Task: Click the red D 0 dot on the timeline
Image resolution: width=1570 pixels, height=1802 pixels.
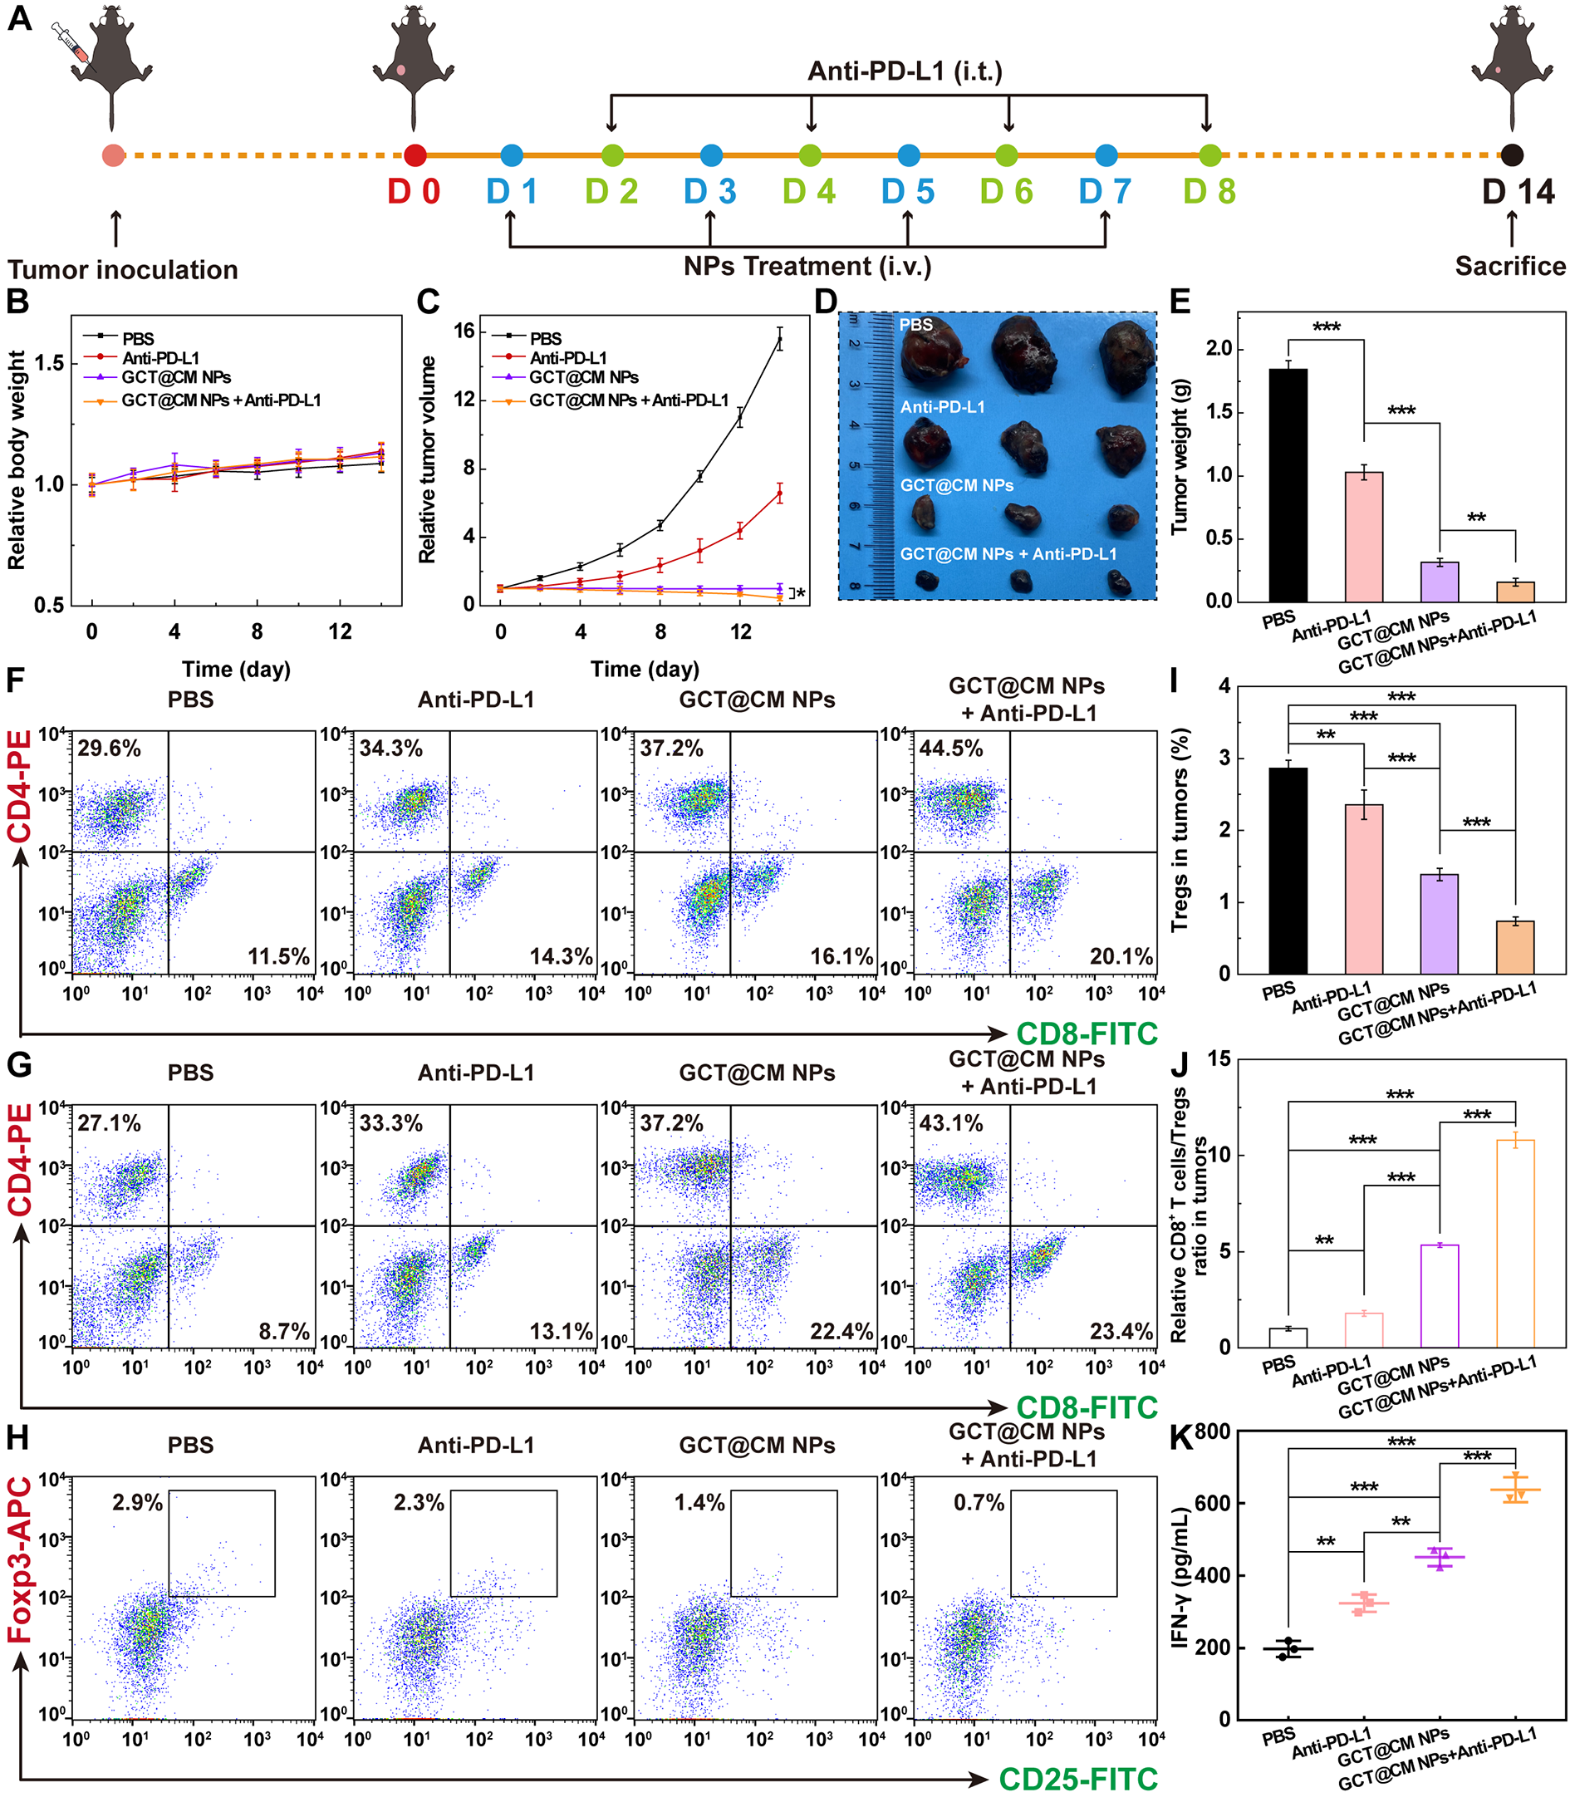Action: coord(415,156)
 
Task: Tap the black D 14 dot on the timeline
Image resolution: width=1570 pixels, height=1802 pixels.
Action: coord(1511,156)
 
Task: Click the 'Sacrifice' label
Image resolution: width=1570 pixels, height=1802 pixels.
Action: coord(1510,267)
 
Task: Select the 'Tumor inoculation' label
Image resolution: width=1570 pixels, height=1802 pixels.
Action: coord(123,270)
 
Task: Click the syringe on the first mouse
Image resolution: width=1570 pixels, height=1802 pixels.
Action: coord(70,43)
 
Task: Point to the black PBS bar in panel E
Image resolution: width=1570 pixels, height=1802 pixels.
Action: coord(1288,485)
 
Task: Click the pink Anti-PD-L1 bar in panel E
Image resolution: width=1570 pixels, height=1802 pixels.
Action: coord(1364,536)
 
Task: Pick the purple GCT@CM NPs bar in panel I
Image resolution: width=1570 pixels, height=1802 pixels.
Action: coord(1440,923)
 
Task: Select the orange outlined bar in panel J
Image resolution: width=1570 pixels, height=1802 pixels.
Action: coord(1516,1243)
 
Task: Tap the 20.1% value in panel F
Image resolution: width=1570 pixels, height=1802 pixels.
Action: coord(1121,955)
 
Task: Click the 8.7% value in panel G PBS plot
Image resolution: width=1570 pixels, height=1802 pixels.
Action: coord(284,1332)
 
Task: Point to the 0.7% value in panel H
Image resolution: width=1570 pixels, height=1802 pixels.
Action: coord(979,1502)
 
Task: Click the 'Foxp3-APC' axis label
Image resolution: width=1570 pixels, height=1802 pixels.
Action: coord(19,1560)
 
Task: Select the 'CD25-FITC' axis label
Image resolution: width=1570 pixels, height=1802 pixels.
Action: coord(1077,1779)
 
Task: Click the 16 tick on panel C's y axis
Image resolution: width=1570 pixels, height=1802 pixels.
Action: coord(464,331)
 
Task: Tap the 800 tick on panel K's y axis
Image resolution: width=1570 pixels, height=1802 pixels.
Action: coord(1213,1431)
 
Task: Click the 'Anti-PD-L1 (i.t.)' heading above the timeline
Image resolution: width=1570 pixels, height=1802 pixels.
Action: coord(904,71)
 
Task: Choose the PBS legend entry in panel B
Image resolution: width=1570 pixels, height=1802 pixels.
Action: coord(138,338)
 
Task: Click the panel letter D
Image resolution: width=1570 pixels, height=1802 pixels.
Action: coord(826,302)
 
